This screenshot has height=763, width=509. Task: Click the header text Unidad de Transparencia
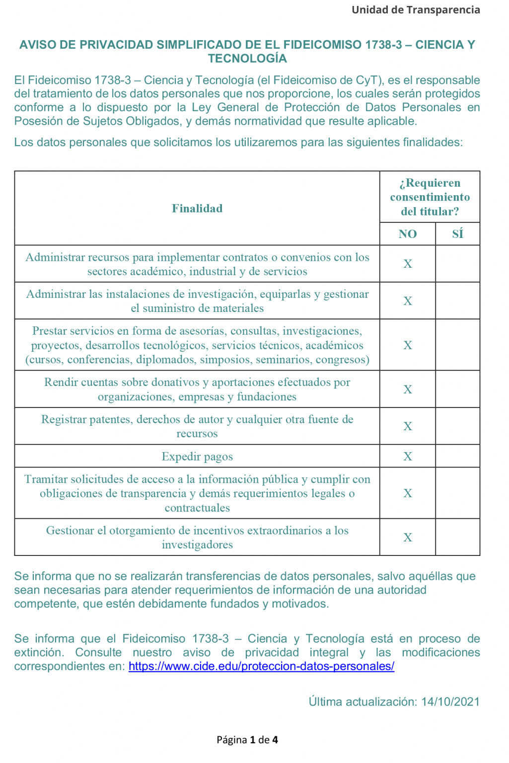(416, 10)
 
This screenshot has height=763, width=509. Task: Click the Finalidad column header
(197, 209)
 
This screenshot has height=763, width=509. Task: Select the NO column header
(408, 234)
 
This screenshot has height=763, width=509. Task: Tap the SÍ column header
(457, 234)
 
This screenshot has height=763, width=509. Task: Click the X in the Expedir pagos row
(408, 457)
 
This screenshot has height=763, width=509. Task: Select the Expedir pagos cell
(197, 457)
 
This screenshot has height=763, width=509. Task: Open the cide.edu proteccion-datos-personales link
(261, 667)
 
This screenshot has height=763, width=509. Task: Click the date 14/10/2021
(450, 702)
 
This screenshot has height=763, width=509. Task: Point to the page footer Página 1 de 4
(247, 740)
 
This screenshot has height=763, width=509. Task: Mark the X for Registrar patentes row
(408, 426)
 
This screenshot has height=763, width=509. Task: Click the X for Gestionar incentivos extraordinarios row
(408, 537)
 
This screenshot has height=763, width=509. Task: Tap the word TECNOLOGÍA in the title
(247, 59)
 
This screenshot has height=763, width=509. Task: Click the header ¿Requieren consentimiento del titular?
(430, 197)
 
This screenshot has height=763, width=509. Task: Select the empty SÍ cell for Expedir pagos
(457, 457)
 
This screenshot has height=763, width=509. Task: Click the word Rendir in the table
(61, 382)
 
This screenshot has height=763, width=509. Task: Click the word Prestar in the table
(49, 331)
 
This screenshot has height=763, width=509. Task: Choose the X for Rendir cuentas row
(408, 389)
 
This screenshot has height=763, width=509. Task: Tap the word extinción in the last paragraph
(39, 653)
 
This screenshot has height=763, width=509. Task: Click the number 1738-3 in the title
(383, 45)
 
